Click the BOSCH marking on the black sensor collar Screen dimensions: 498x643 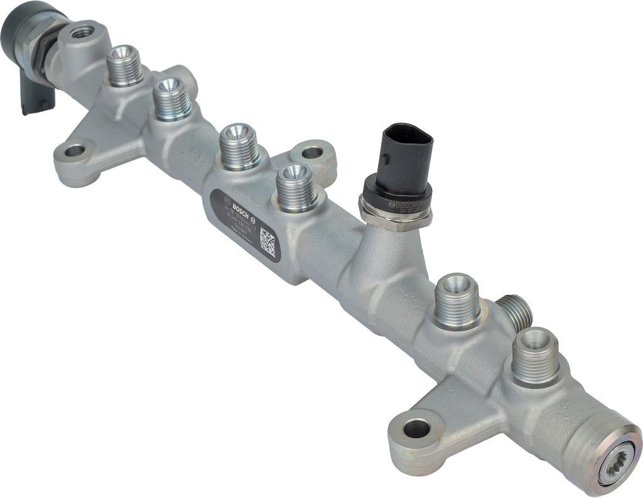tap(404, 206)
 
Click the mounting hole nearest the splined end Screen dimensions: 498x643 tap(416, 429)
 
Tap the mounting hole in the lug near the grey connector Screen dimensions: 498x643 tap(74, 151)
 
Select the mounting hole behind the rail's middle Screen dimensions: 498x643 tap(316, 152)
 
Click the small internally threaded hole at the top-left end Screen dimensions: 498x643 tap(80, 31)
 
